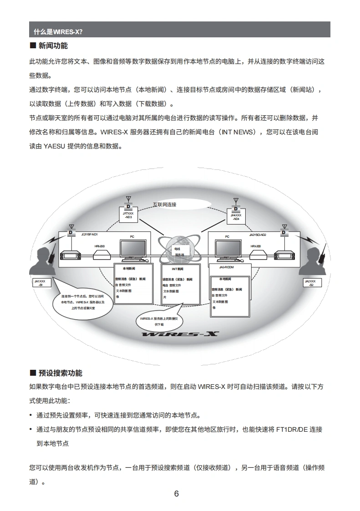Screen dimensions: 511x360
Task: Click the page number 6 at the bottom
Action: point(177,494)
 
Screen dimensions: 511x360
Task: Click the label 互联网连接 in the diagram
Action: point(164,204)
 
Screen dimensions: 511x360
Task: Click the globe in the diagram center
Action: point(180,250)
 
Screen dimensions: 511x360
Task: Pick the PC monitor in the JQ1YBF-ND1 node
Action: point(132,249)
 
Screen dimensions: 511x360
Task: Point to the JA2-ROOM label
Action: point(226,268)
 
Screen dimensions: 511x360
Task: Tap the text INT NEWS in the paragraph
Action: point(240,133)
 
